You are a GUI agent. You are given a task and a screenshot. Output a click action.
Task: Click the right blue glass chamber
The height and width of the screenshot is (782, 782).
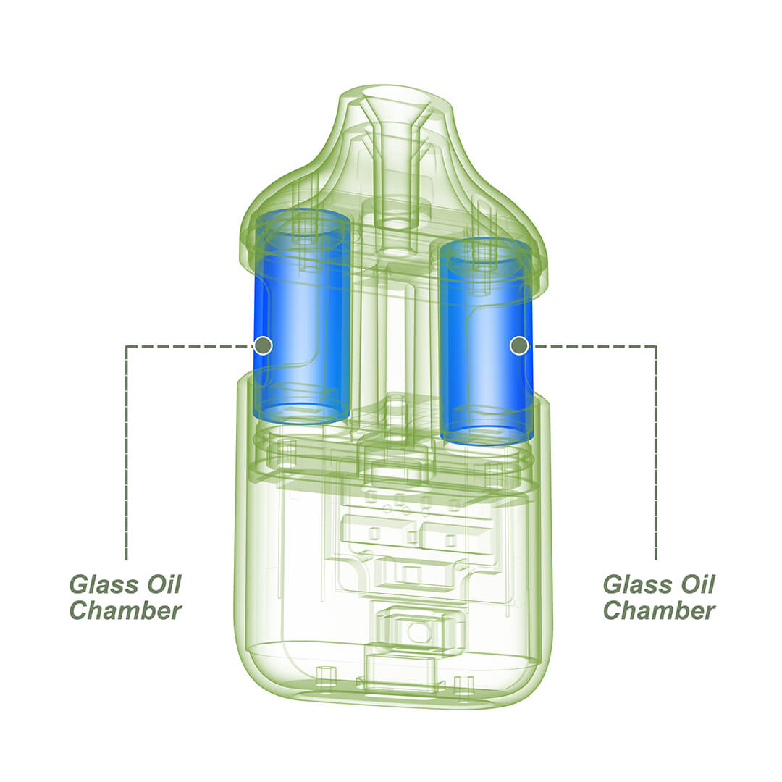point(487,342)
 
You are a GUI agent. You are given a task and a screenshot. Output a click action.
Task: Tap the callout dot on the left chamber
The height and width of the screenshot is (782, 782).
point(263,345)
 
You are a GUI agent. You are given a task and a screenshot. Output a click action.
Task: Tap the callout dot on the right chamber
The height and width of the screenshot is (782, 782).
point(519,345)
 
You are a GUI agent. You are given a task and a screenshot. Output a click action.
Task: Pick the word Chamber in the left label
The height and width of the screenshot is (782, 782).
point(125,610)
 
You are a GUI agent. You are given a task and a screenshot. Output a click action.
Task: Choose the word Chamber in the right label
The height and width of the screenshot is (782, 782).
point(660,610)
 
